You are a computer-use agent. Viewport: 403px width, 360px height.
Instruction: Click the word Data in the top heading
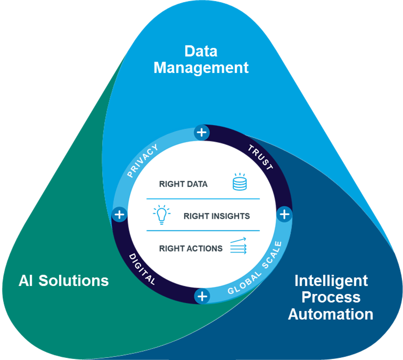201,51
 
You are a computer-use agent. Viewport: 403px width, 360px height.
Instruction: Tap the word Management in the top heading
201,68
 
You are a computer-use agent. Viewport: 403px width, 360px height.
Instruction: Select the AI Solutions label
64,281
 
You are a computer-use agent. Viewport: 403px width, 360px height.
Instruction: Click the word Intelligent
331,281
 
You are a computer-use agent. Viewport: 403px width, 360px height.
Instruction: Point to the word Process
331,297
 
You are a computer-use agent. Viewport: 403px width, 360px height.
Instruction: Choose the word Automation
331,314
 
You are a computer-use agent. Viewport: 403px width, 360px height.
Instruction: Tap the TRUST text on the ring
261,158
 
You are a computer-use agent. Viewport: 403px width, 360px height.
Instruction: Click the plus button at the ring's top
202,133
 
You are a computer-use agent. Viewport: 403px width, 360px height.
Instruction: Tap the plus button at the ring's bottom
202,296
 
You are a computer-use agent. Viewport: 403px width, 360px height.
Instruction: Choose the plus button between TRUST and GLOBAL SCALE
284,215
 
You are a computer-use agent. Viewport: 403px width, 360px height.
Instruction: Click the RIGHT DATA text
183,184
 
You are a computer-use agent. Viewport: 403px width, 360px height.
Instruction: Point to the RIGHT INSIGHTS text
216,216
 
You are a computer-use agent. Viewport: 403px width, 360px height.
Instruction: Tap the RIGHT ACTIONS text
191,248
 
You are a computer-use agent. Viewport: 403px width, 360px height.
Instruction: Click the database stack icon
239,182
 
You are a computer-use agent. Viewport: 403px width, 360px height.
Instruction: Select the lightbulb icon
162,215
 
